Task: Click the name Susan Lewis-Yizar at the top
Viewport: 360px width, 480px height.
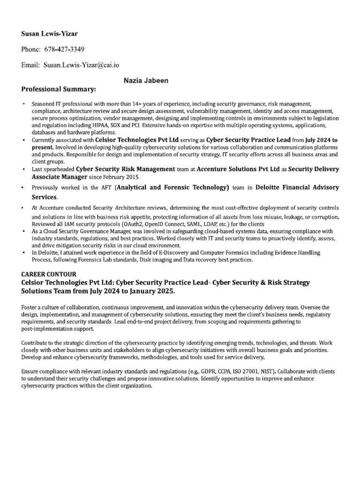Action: pos(50,34)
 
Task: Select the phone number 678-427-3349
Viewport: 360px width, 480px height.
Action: pos(64,49)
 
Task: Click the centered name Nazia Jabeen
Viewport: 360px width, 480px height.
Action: pos(146,81)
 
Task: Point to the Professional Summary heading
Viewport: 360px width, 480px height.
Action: pos(59,89)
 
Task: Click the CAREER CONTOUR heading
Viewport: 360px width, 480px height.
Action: pos(49,274)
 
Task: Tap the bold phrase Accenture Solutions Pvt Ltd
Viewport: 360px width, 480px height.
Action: pos(239,169)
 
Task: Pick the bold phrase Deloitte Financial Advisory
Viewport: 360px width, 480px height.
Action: pos(292,187)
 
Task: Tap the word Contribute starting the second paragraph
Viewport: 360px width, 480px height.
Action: pos(37,343)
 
